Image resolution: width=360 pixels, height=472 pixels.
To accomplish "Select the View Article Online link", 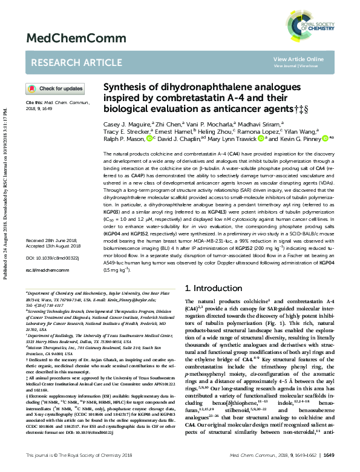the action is [298, 59].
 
